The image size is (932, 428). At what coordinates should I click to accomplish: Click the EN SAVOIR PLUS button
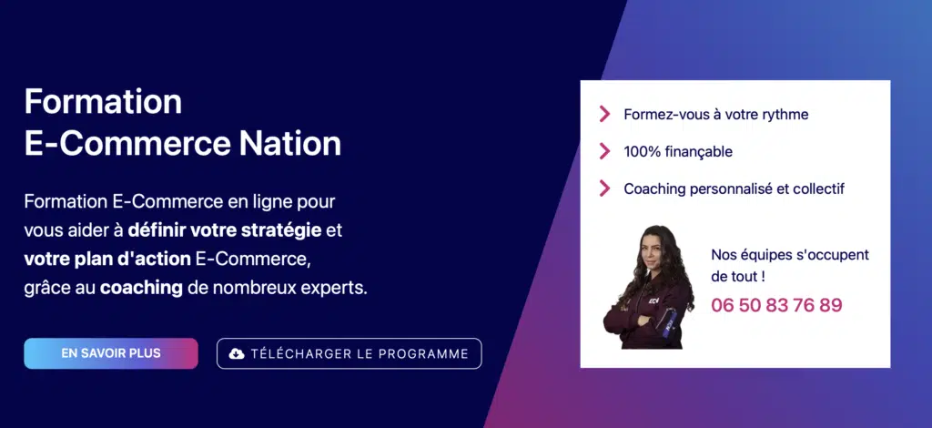[x=110, y=353]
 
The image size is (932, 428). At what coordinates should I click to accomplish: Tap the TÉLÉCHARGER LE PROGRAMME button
[x=349, y=353]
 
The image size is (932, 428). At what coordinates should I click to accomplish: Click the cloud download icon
[x=237, y=353]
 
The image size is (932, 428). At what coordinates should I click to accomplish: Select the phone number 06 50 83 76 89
[x=776, y=305]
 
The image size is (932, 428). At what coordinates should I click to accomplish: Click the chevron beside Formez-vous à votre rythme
[x=604, y=114]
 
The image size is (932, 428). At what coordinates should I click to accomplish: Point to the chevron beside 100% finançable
[x=604, y=151]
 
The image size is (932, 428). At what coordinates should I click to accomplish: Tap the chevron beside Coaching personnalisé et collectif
[x=604, y=189]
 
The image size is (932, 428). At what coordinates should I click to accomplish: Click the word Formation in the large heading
[x=103, y=102]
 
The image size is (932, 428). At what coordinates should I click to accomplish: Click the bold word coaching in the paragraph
[x=141, y=288]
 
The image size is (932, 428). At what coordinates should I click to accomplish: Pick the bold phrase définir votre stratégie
[x=225, y=230]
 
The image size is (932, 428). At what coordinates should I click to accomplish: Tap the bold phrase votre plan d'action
[x=107, y=260]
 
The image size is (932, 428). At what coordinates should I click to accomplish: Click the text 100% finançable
[x=677, y=151]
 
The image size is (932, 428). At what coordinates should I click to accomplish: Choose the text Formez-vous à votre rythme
[x=715, y=114]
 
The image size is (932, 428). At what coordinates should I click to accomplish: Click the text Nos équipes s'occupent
[x=790, y=255]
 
